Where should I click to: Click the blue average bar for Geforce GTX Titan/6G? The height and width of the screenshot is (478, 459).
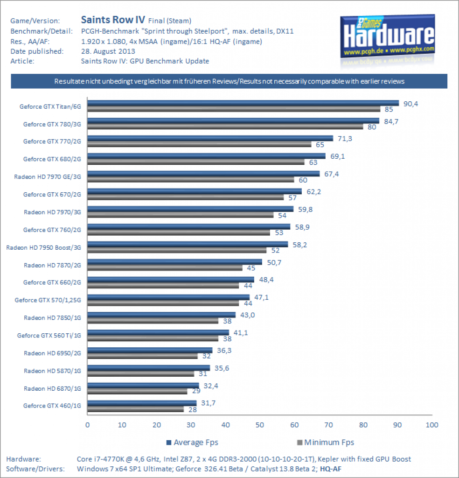click(x=243, y=103)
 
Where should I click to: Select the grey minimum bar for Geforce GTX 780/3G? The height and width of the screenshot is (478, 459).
click(x=225, y=127)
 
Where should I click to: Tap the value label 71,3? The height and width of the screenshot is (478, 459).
click(x=345, y=139)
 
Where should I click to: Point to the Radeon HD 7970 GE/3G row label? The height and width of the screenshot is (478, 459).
click(x=48, y=177)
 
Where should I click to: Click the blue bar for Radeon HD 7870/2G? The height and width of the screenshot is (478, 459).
click(x=175, y=262)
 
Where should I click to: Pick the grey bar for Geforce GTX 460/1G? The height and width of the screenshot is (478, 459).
click(x=136, y=409)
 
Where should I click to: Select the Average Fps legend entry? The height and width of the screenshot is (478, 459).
click(x=192, y=443)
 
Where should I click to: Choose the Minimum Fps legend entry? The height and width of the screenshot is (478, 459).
click(x=326, y=443)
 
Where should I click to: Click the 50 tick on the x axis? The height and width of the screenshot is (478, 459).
click(x=260, y=425)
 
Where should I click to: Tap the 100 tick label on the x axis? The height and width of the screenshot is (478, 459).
click(x=432, y=425)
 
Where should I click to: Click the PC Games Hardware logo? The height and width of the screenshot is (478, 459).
click(x=388, y=36)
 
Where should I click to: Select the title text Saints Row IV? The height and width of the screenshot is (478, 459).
click(x=113, y=20)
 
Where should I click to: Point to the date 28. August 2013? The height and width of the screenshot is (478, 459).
click(x=108, y=51)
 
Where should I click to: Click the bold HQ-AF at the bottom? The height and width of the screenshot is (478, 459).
click(x=330, y=469)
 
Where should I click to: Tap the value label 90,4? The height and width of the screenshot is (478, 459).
click(x=411, y=104)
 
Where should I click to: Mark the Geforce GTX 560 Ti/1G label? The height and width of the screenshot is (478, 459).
click(x=49, y=335)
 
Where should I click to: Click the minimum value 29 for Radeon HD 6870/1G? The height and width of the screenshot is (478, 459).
click(x=196, y=391)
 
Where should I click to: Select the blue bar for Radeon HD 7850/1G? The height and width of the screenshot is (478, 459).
click(x=161, y=315)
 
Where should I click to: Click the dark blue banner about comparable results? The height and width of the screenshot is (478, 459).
click(x=229, y=81)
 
